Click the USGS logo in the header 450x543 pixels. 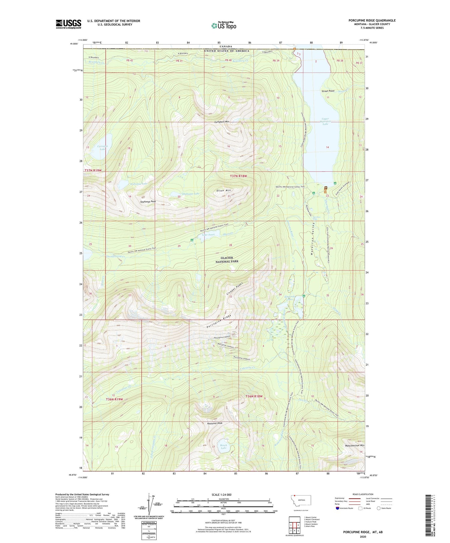pyautogui.click(x=68, y=24)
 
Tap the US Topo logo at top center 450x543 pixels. pyautogui.click(x=223, y=26)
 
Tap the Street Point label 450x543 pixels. pyautogui.click(x=328, y=91)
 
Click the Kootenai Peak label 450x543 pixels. pyautogui.click(x=215, y=423)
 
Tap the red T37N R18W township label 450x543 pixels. pyautogui.click(x=238, y=176)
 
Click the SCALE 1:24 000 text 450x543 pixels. pyautogui.click(x=223, y=494)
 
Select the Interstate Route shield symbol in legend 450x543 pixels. pyautogui.click(x=337, y=508)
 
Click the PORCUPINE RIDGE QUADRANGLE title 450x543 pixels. pyautogui.click(x=372, y=20)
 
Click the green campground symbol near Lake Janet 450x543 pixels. pyautogui.click(x=192, y=240)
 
